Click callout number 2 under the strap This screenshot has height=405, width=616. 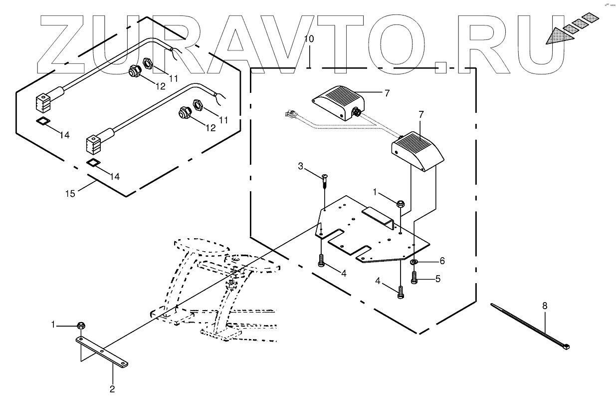coord(112,389)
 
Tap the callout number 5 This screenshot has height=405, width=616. coord(437,279)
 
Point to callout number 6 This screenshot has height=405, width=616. coord(441,261)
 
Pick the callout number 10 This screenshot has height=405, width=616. coord(309,39)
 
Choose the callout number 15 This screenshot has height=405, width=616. coord(71,193)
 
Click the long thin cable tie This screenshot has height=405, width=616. coord(530,325)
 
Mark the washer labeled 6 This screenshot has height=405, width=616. coord(414,262)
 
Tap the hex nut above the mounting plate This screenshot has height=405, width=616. coord(400,203)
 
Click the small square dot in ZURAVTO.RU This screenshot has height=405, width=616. coord(440,68)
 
